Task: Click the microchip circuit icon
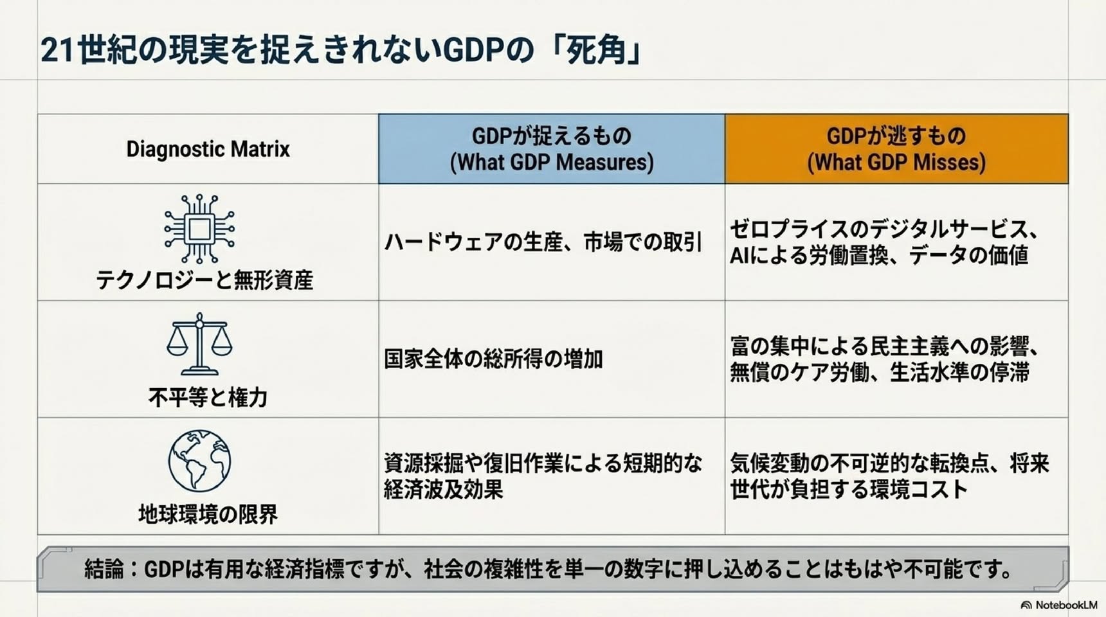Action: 199,229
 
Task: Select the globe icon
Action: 199,461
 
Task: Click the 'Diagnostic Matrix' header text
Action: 208,149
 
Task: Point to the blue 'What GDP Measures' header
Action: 552,149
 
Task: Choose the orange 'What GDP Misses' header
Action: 896,149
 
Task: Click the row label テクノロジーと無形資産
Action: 204,280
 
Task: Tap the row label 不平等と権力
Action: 208,397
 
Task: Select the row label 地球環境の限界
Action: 208,514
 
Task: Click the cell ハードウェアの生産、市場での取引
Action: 543,242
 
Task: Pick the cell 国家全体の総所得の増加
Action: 493,359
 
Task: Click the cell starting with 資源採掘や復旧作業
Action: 543,476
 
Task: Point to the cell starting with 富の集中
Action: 885,359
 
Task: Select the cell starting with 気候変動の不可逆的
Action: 890,476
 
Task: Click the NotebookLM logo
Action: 1059,605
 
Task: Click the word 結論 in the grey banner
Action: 104,569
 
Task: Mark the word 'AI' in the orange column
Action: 739,256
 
